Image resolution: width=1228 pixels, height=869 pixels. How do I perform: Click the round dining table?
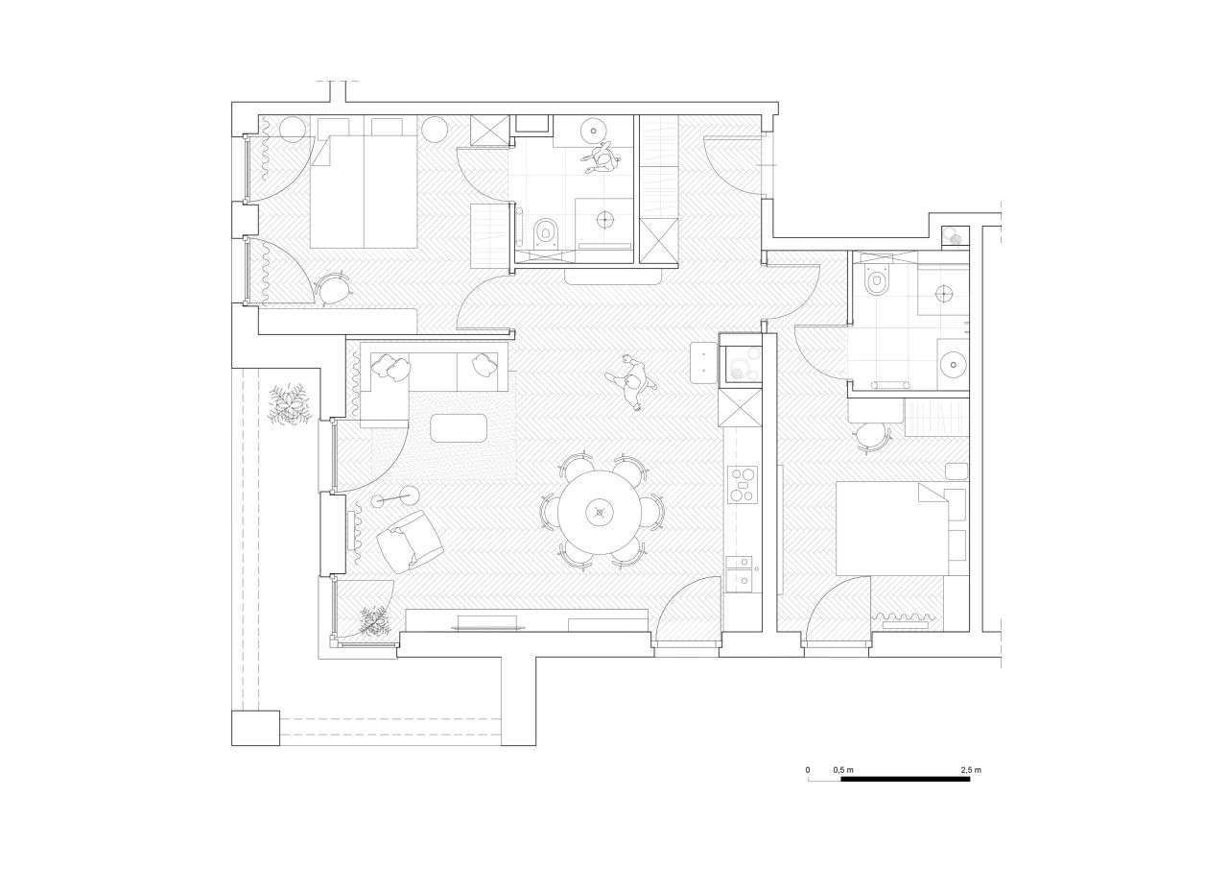[x=600, y=513]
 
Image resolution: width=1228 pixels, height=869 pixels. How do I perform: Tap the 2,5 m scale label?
[x=971, y=770]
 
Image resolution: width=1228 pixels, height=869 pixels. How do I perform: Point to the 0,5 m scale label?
[x=843, y=770]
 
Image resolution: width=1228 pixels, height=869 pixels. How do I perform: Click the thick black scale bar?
[x=905, y=779]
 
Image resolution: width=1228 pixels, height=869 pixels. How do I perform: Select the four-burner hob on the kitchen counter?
[x=743, y=485]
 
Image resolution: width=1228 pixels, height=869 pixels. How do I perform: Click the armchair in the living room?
[x=410, y=542]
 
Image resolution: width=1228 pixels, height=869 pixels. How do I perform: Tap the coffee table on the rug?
[x=459, y=428]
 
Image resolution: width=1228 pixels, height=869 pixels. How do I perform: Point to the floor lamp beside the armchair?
[x=394, y=497]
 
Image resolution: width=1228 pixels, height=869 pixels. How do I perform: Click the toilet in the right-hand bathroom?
[x=878, y=279]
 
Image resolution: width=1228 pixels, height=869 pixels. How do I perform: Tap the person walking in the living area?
[x=631, y=382]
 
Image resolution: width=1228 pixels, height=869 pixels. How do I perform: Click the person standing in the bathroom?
[x=602, y=158]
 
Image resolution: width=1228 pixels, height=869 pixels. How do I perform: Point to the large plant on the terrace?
[x=289, y=405]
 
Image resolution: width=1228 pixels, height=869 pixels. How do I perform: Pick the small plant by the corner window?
[x=374, y=621]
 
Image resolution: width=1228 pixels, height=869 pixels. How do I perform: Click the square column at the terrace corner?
[x=255, y=728]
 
